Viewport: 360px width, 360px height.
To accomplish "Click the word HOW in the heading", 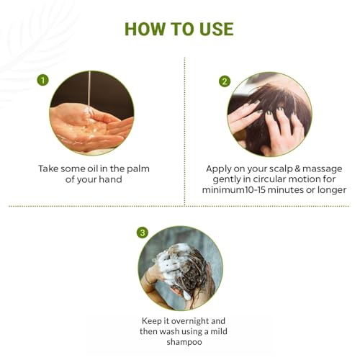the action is [145, 30].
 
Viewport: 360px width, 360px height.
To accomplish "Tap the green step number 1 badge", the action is [43, 80].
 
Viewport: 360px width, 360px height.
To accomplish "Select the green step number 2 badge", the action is [225, 81].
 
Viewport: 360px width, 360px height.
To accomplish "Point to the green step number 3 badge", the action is [143, 233].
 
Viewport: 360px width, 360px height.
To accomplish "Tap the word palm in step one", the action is [138, 169].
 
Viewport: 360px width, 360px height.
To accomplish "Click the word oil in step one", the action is [92, 168].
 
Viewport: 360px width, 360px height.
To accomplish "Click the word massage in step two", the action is [323, 169].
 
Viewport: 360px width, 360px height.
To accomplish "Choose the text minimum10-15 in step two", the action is [233, 190].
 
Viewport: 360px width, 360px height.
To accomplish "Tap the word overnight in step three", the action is [190, 321].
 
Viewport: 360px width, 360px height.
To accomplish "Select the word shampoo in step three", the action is [184, 343].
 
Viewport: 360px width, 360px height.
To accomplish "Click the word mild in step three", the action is [219, 331].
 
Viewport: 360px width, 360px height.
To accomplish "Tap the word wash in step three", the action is [169, 331].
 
